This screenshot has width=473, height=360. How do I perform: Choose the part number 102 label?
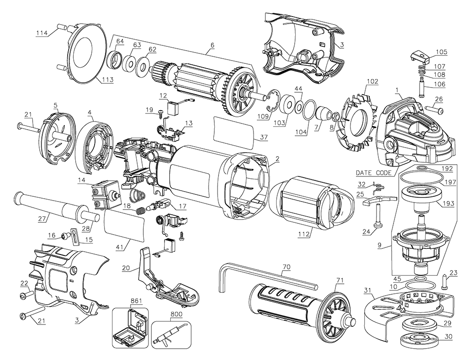point(372,81)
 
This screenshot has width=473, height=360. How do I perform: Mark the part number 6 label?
point(212,45)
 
